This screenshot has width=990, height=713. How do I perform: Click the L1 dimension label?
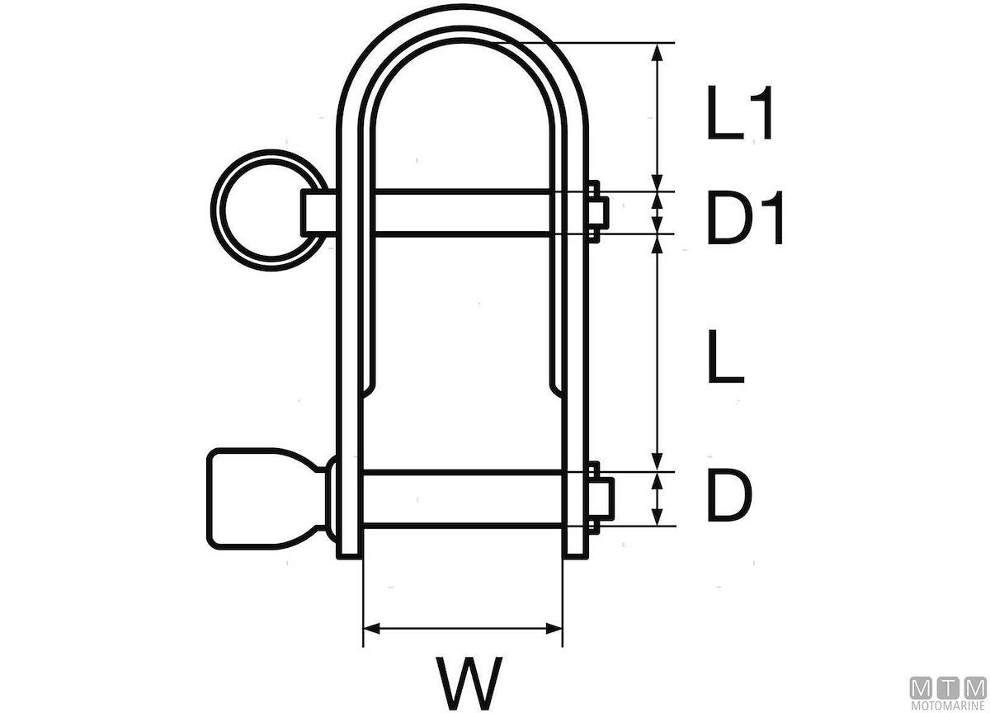click(740, 113)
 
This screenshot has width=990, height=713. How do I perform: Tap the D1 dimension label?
click(745, 218)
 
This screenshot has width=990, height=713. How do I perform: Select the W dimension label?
click(469, 683)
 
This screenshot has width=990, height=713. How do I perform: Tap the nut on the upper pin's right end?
click(598, 211)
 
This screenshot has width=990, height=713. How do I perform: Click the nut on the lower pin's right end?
click(601, 498)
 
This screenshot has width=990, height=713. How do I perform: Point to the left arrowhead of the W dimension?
click(371, 628)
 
